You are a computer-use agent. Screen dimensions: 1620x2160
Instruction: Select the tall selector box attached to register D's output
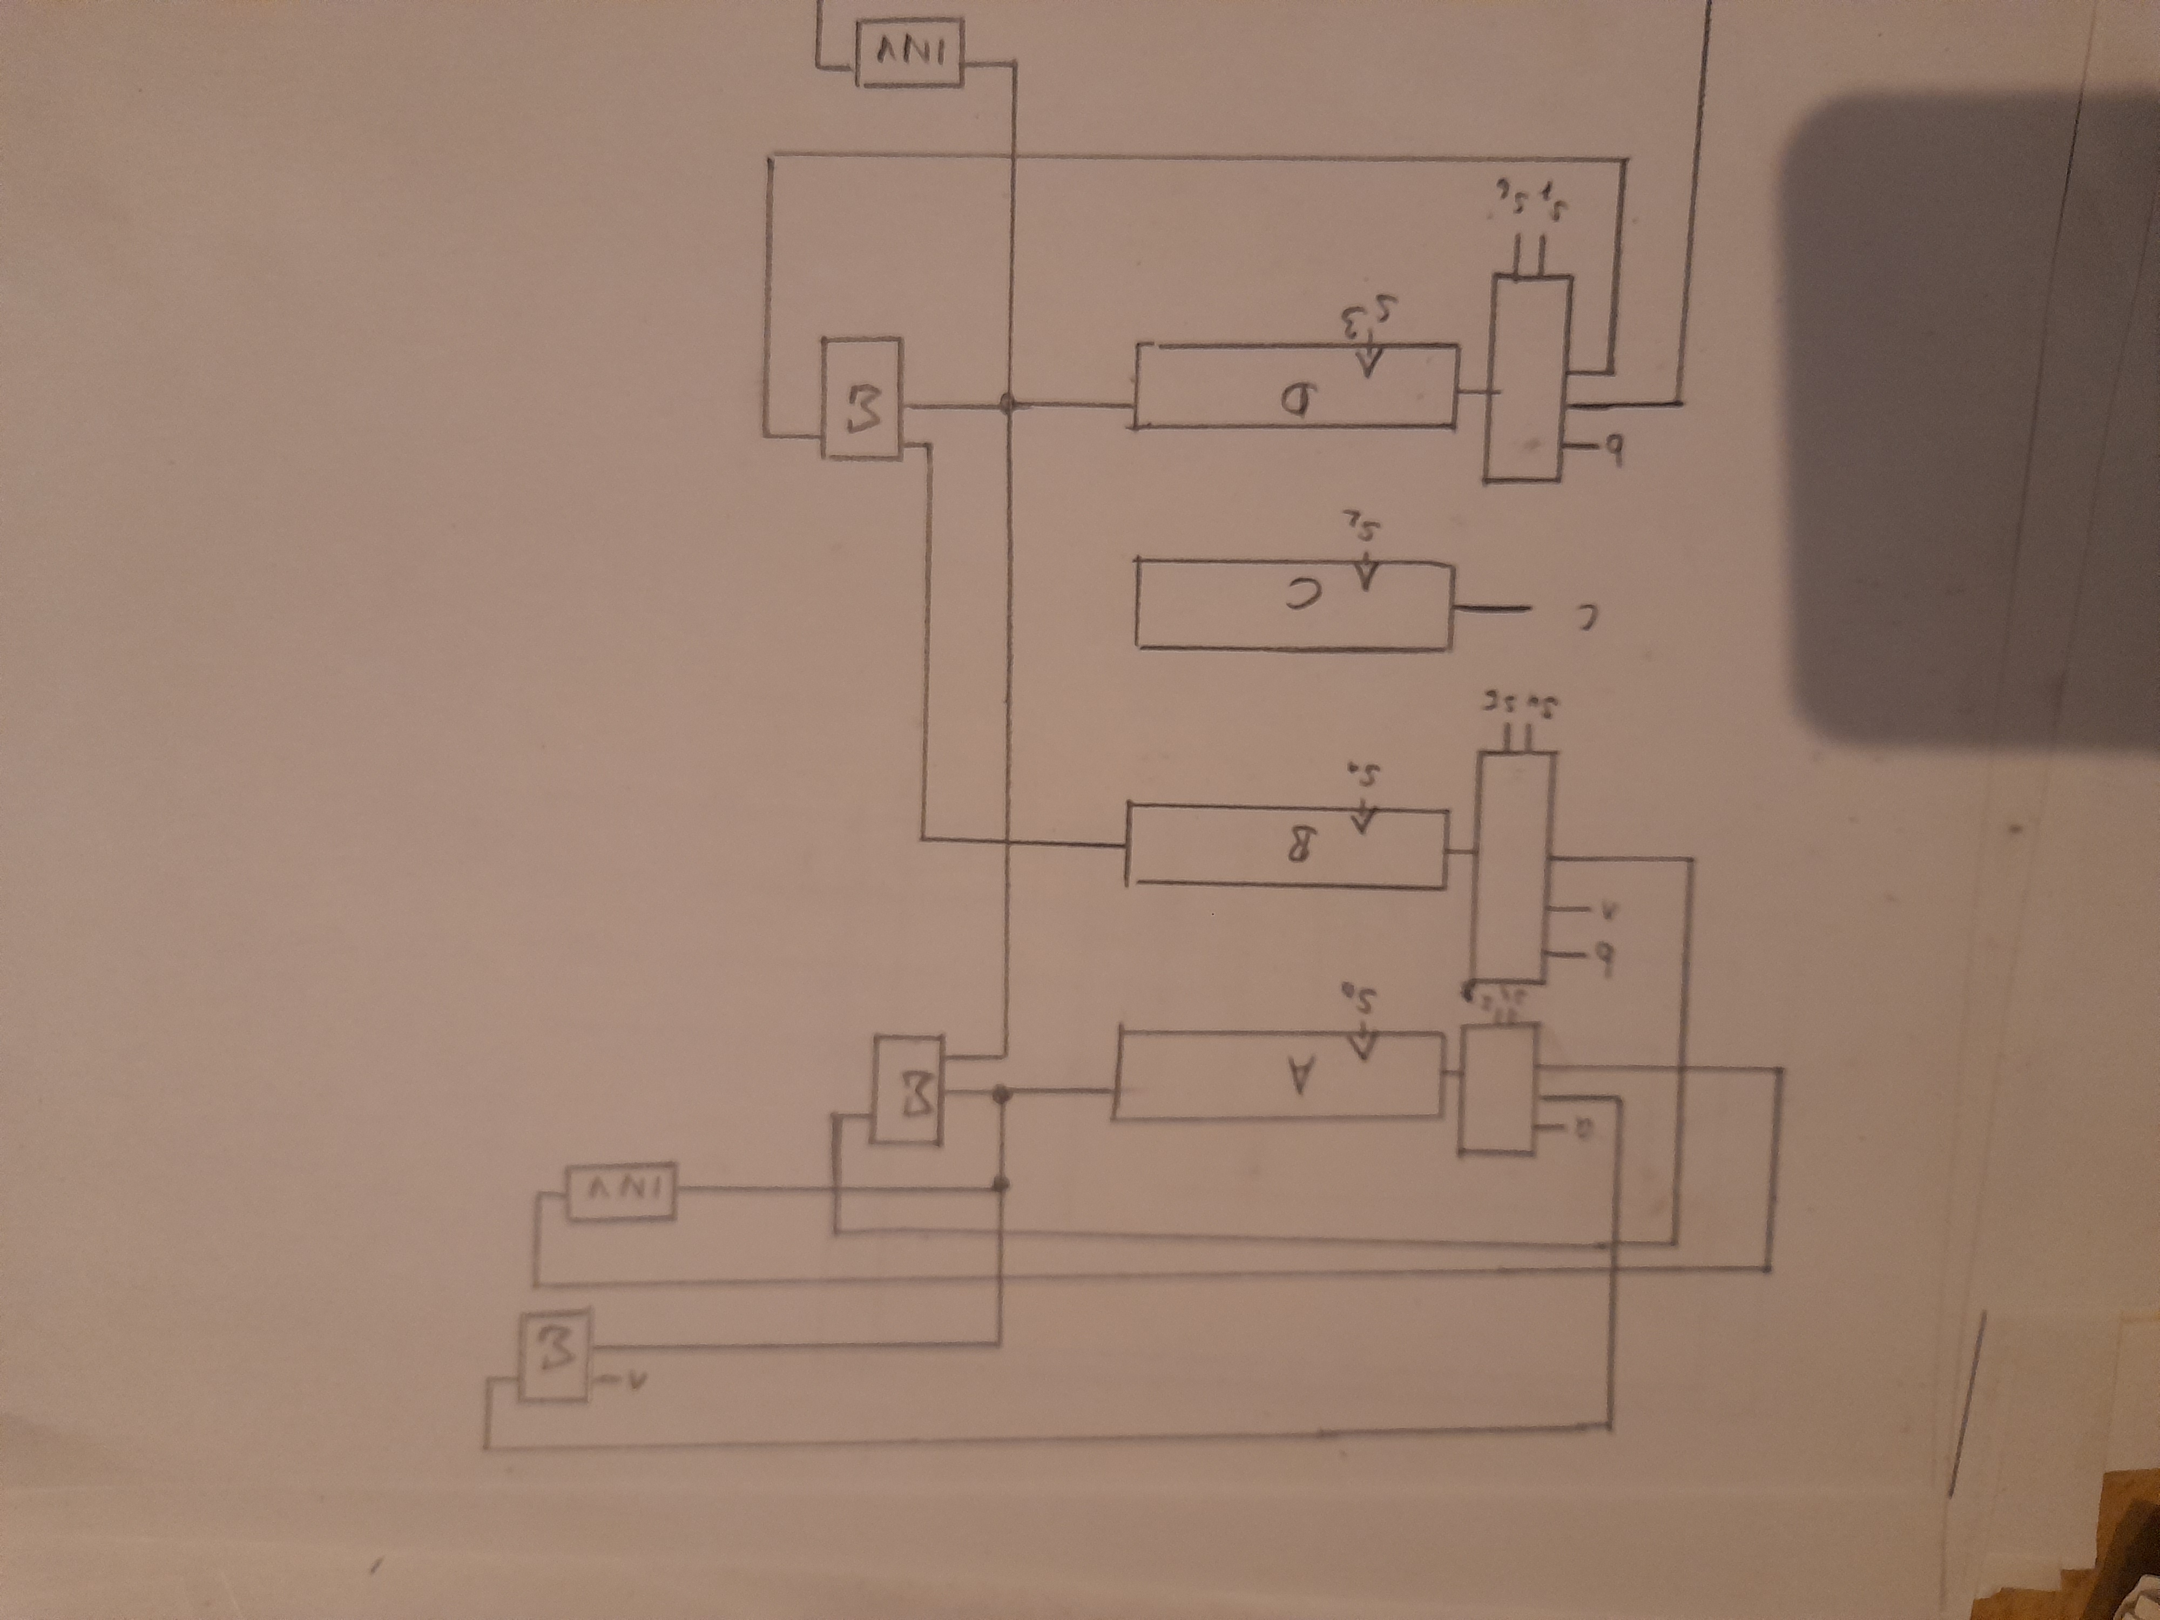click(1528, 378)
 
